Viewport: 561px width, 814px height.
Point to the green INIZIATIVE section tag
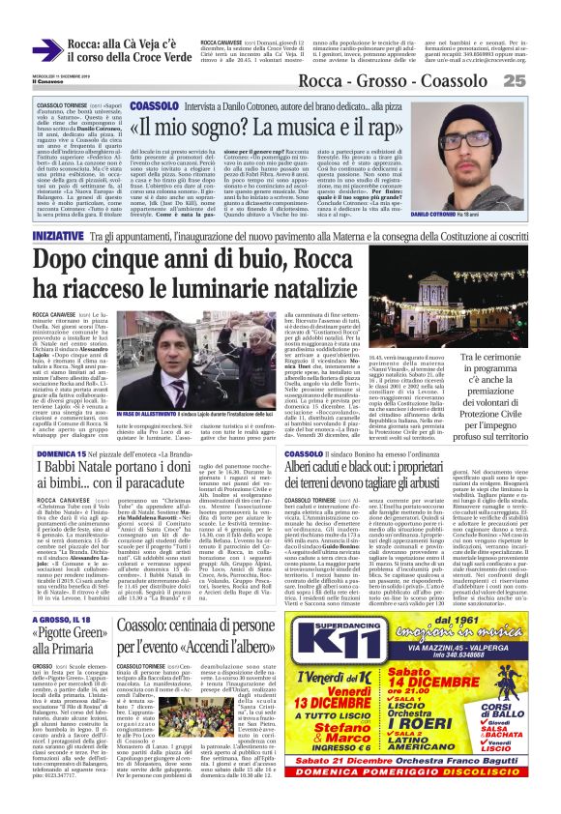coord(57,235)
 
